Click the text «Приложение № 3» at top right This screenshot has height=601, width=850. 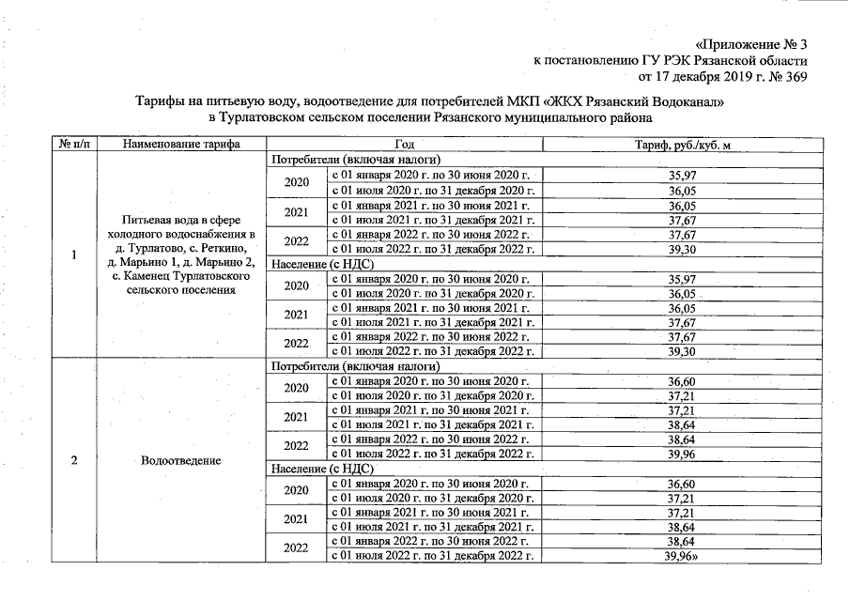click(752, 44)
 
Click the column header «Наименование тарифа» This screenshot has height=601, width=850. click(180, 145)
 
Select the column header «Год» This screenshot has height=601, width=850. click(405, 145)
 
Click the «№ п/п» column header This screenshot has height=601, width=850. click(74, 145)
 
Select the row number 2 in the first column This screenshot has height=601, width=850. click(74, 460)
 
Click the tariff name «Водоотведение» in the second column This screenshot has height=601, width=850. click(180, 460)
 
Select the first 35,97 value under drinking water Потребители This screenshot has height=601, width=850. click(682, 176)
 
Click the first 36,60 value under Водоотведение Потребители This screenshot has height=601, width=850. click(682, 381)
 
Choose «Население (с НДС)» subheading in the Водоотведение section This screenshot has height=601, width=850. click(322, 468)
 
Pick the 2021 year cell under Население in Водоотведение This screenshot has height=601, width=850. click(297, 518)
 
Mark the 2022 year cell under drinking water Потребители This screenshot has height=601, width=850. click(297, 240)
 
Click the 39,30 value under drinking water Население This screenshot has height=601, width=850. click(682, 351)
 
